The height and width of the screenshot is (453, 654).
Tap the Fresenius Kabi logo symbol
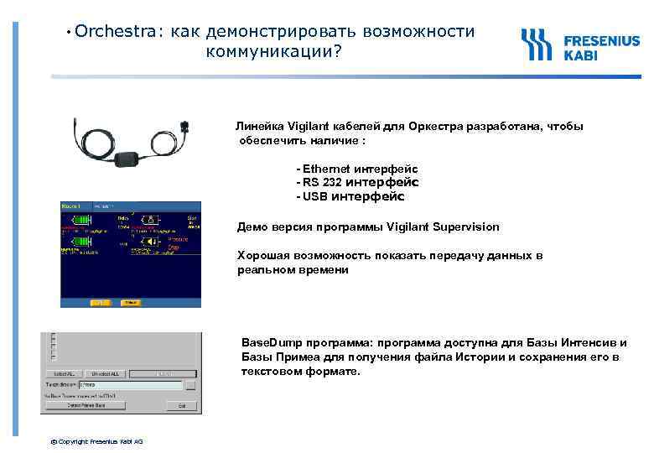pyautogui.click(x=537, y=45)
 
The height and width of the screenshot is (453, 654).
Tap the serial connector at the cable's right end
pyautogui.click(x=184, y=128)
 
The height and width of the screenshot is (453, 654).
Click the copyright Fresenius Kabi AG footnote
pyautogui.click(x=96, y=440)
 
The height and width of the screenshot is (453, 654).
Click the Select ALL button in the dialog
pyautogui.click(x=65, y=372)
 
